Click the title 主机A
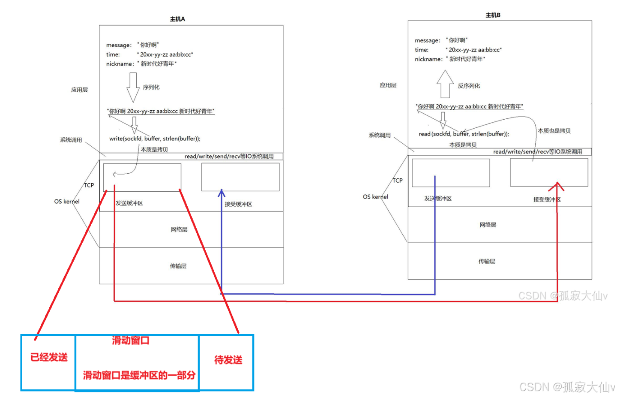(177, 19)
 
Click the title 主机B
(493, 15)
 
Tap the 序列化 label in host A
(151, 87)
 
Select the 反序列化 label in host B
(469, 86)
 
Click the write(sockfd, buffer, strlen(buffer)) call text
(155, 139)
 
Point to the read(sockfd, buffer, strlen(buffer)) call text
(464, 134)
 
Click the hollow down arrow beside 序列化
(133, 87)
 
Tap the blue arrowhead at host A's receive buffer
(222, 193)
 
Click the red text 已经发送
(49, 357)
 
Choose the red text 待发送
(228, 360)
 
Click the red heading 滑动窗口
(131, 341)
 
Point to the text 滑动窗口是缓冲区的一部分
(139, 375)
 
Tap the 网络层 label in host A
(179, 229)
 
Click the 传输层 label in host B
(487, 261)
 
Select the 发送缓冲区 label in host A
(129, 203)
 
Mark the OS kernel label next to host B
(375, 197)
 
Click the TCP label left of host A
(89, 185)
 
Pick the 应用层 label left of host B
(388, 85)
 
